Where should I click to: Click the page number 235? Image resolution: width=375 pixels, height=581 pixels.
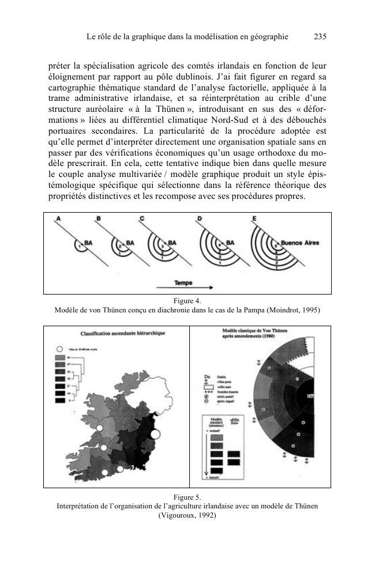click(320, 36)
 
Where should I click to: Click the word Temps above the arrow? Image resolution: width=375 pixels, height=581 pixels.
click(183, 283)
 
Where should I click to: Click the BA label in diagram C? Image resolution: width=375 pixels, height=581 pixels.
click(172, 243)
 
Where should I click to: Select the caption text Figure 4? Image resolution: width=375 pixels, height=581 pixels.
click(187, 300)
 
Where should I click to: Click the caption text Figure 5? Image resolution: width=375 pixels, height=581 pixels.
click(187, 496)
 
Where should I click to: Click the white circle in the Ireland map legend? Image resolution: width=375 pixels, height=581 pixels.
click(59, 349)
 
